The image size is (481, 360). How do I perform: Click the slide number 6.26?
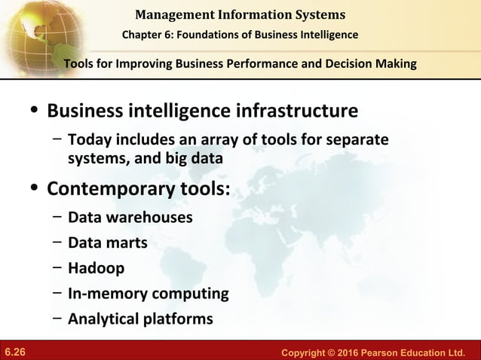coord(15,352)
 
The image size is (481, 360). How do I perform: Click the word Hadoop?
coord(97,268)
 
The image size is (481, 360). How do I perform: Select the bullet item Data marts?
coord(108,243)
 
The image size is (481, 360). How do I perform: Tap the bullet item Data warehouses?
coord(130,218)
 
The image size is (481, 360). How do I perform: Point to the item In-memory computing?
coord(148,293)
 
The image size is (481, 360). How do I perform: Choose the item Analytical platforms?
coord(140,319)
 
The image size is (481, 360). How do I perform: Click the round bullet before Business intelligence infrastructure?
coord(32,113)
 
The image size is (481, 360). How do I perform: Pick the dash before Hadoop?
coord(57,268)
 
